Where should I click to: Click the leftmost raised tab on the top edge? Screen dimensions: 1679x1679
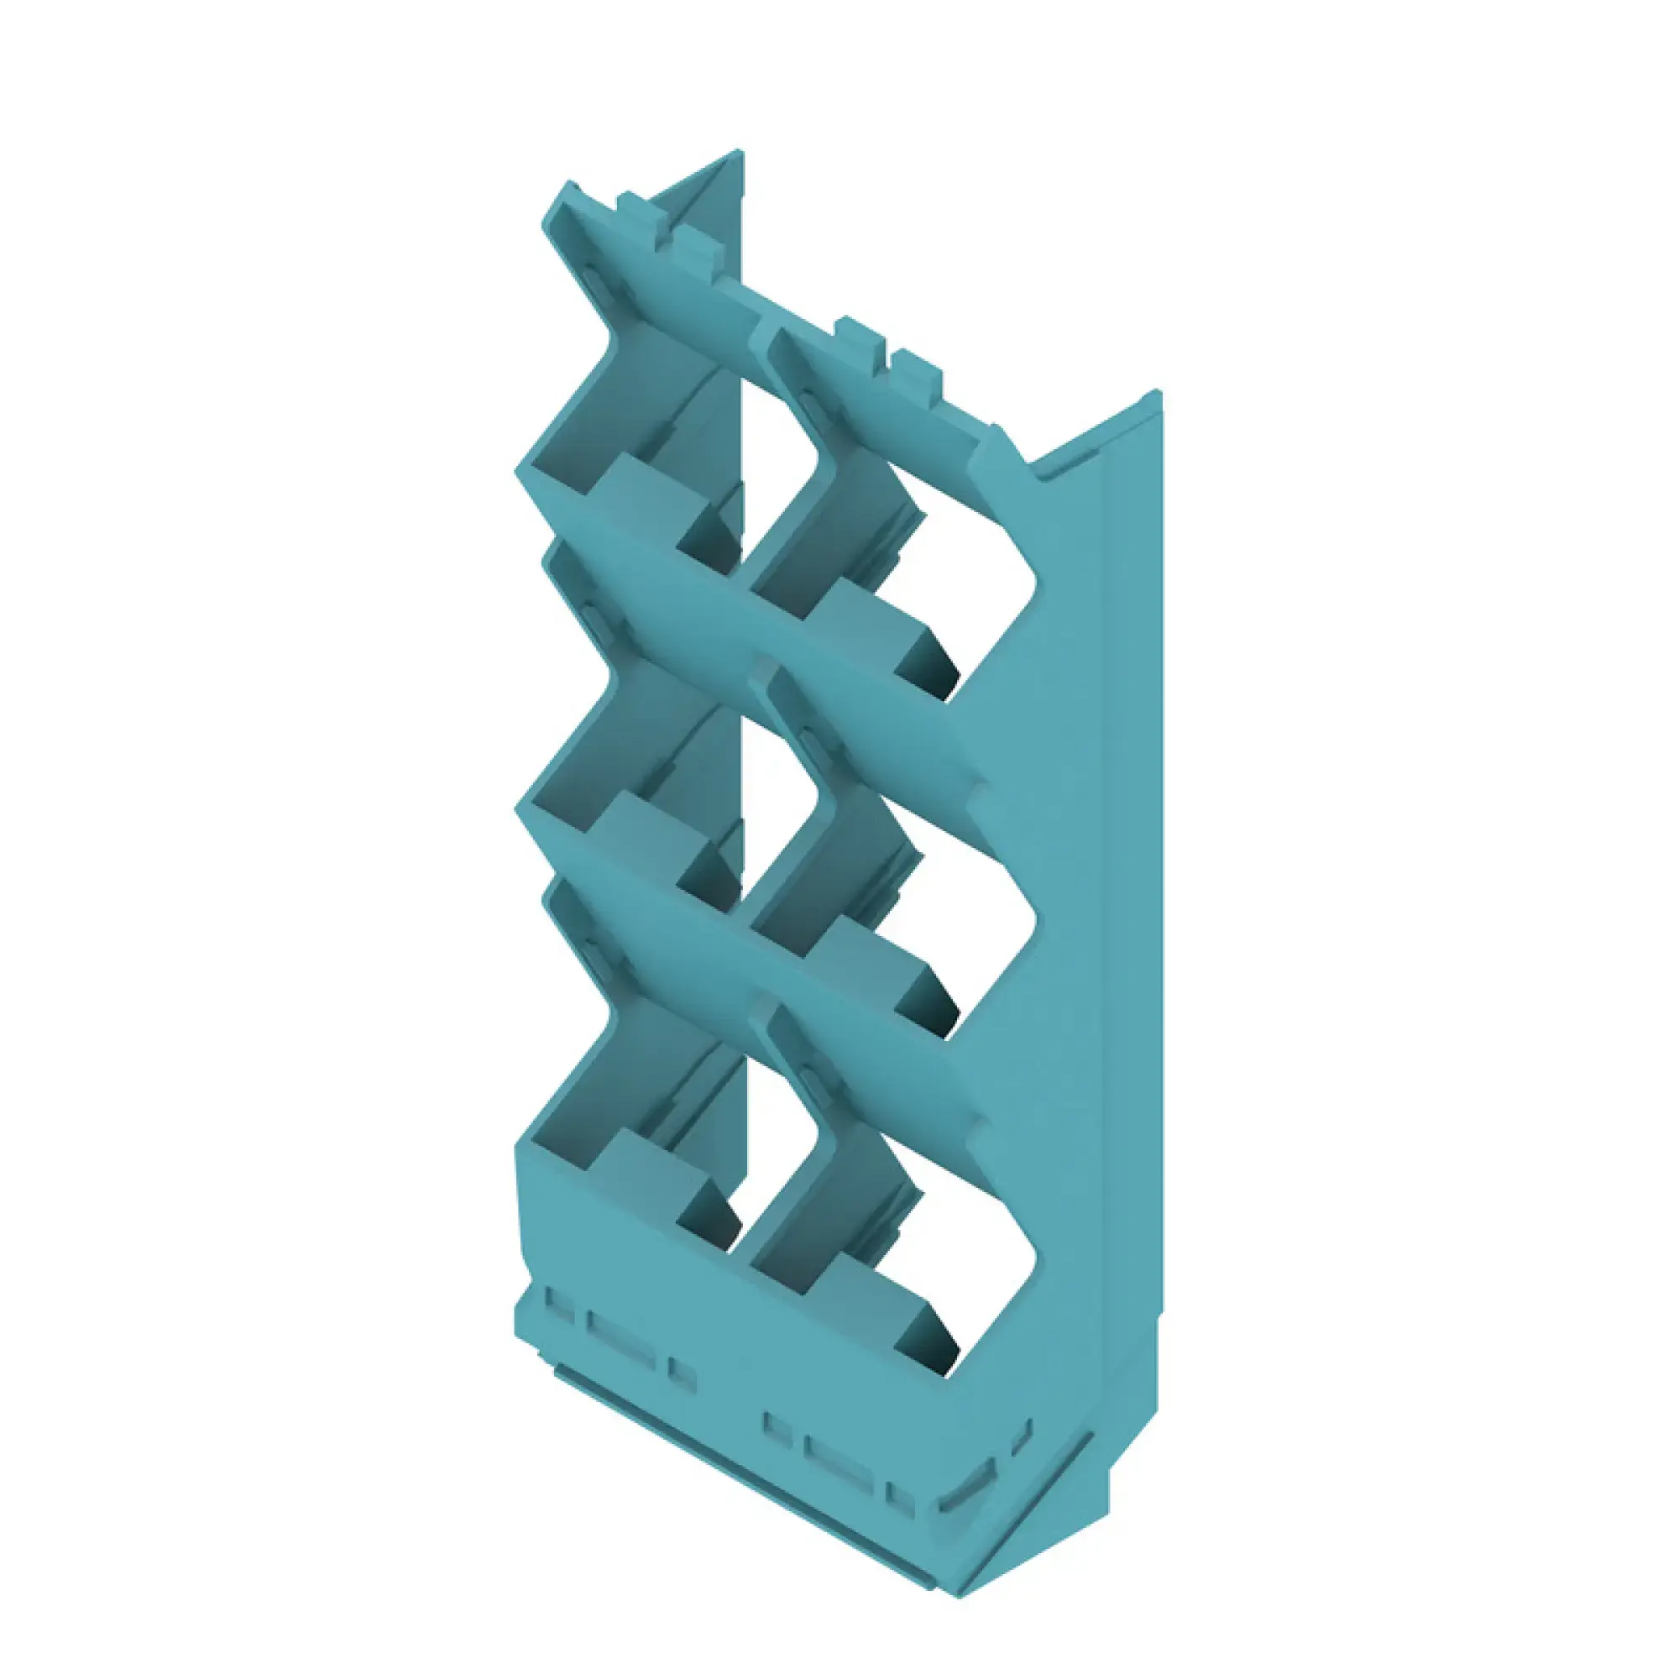click(x=640, y=208)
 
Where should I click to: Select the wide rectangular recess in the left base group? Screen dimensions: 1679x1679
click(x=620, y=1347)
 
